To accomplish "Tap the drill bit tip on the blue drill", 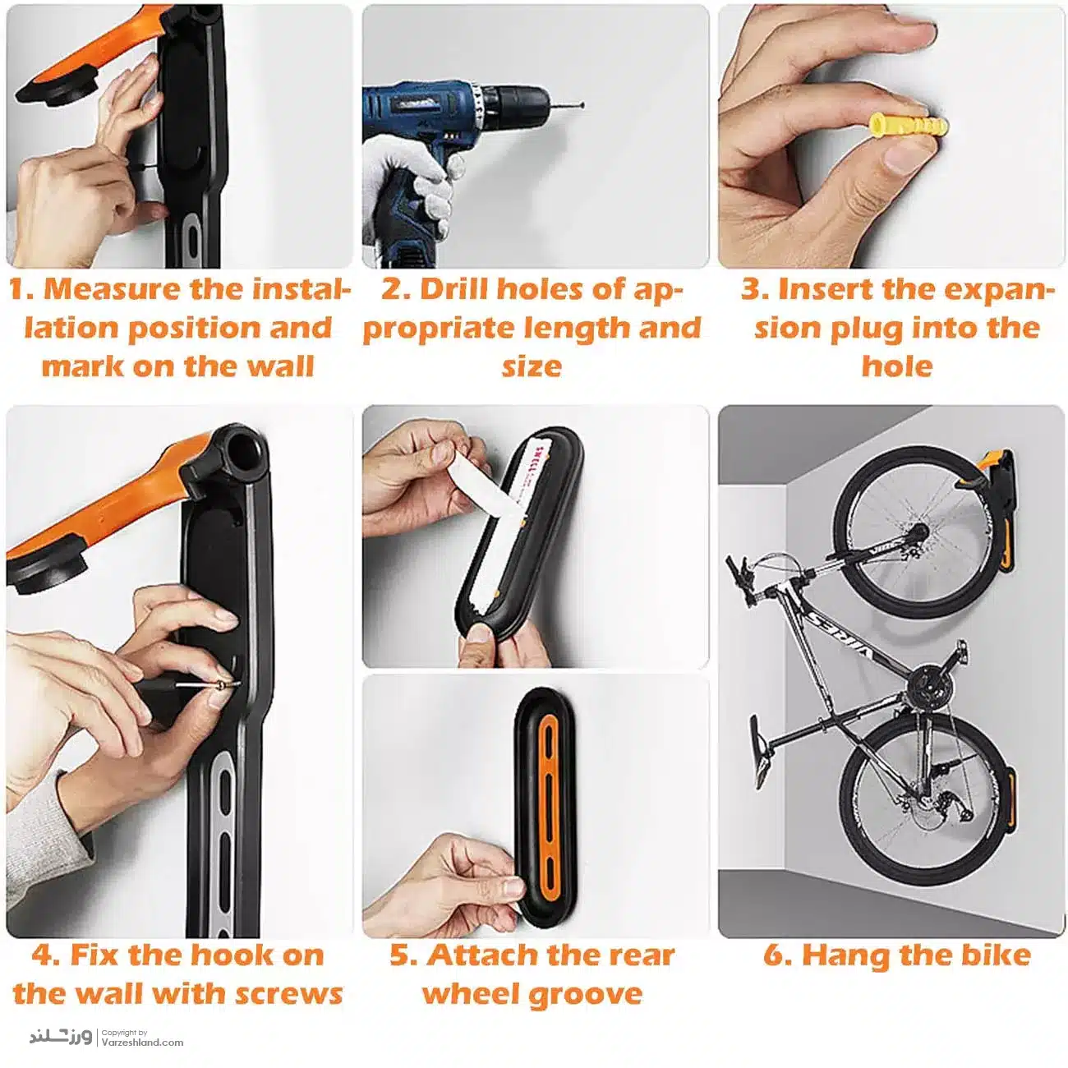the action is click(x=582, y=105).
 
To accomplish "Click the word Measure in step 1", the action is click(x=113, y=289).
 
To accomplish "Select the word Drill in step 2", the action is click(x=454, y=289).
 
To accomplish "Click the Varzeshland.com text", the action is click(x=142, y=1042).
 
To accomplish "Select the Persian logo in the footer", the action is click(x=61, y=1036).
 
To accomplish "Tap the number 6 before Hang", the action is click(x=772, y=955).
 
